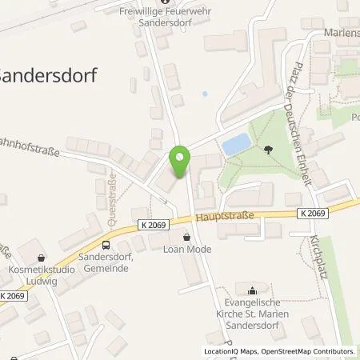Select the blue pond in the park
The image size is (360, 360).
[x=235, y=145]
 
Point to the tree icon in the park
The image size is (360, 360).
[x=266, y=149]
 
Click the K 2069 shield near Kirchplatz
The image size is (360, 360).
[x=315, y=213]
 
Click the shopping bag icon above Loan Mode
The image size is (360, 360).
[x=187, y=237]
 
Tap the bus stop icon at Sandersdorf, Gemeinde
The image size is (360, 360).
[x=106, y=245]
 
